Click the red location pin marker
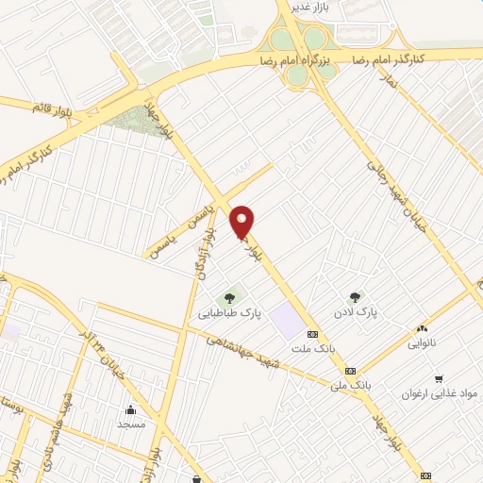click(243, 222)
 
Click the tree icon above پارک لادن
click(355, 297)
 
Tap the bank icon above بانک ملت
click(312, 334)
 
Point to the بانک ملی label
click(350, 385)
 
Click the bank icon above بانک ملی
click(350, 371)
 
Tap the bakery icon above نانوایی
click(422, 328)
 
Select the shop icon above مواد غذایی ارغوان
click(437, 379)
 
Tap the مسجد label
click(131, 424)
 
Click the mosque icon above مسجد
click(131, 409)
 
